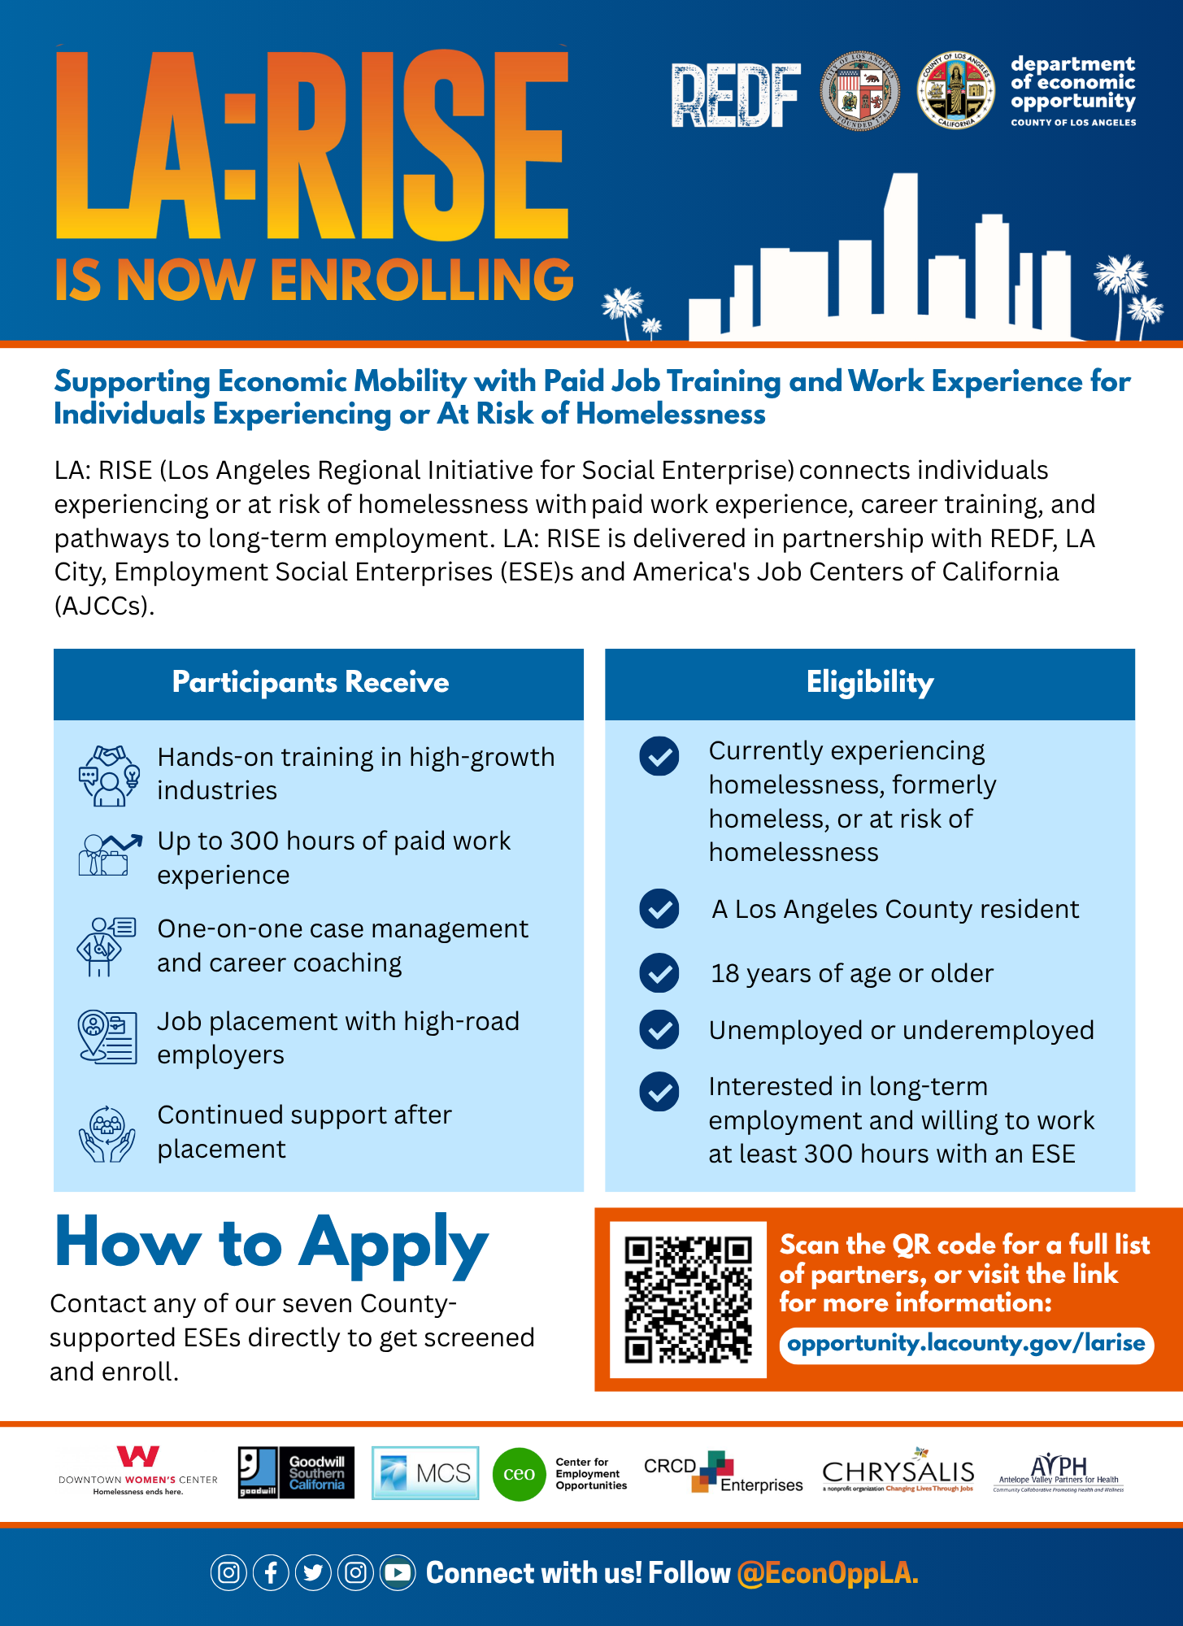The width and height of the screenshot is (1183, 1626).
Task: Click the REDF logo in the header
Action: (x=735, y=96)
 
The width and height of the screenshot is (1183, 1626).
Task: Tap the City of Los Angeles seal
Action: (x=859, y=91)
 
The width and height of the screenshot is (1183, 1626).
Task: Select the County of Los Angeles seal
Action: (x=955, y=91)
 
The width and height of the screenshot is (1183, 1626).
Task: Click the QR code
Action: (x=688, y=1299)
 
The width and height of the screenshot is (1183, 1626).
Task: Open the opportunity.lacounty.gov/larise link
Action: (x=966, y=1343)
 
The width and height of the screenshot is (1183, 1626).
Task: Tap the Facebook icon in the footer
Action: (x=271, y=1572)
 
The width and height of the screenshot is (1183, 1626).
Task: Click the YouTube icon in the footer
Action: (x=398, y=1572)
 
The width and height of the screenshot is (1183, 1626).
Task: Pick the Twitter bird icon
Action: (x=313, y=1572)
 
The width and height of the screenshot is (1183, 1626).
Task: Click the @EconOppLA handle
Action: (x=828, y=1573)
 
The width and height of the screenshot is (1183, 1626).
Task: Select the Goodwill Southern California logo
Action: (x=296, y=1472)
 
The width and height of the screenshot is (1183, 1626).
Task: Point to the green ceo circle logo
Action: (x=519, y=1474)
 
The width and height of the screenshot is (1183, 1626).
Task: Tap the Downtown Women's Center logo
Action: (x=138, y=1471)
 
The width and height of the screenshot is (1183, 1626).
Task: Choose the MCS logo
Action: (x=425, y=1472)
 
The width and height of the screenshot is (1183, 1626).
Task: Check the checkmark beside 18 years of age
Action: (x=659, y=973)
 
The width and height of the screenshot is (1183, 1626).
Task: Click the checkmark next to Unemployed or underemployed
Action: (x=659, y=1030)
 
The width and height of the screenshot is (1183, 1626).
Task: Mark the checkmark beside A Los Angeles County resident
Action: (x=659, y=909)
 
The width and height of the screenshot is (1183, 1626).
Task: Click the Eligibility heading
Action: (x=870, y=683)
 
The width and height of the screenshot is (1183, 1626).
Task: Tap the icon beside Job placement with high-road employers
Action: (x=107, y=1037)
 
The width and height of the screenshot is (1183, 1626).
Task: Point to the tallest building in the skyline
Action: (x=900, y=252)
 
